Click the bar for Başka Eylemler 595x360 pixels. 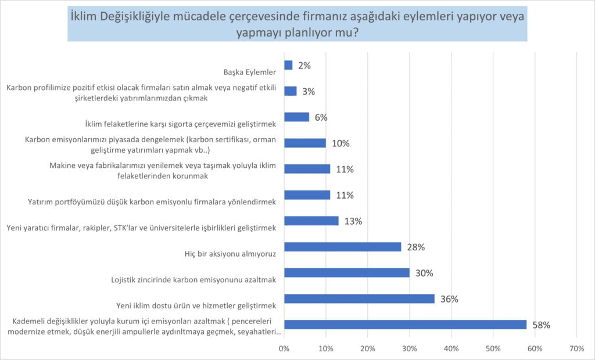tap(288, 65)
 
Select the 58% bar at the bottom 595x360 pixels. tap(405, 325)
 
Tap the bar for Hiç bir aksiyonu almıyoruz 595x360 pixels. tap(342, 247)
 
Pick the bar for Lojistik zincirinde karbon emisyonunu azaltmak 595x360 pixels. tap(346, 273)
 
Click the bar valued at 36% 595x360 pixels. tap(359, 298)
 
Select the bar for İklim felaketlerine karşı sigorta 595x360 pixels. tap(296, 117)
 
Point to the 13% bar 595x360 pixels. tap(311, 221)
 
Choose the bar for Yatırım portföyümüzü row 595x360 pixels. tap(307, 195)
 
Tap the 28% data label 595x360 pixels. tap(416, 247)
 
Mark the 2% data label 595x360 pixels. tap(304, 65)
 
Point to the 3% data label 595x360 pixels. tap(309, 91)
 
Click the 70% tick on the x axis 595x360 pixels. tap(576, 348)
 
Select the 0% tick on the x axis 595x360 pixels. tap(284, 348)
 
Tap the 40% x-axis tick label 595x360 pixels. tap(451, 348)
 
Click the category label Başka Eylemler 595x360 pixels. tap(249, 73)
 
